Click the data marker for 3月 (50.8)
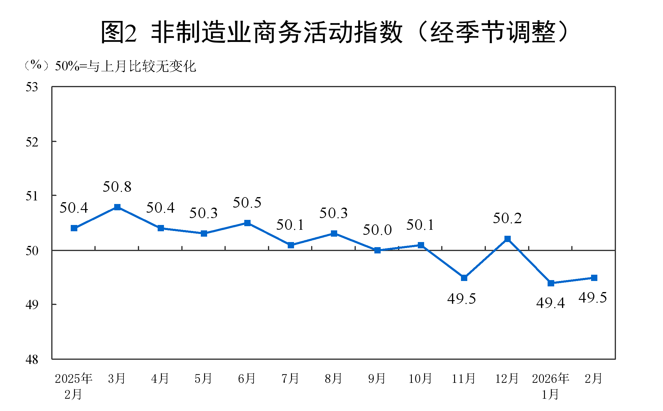117,207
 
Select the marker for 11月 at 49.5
464,278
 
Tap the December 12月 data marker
507,239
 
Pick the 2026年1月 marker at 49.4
551,283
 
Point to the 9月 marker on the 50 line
377,250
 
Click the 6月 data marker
247,223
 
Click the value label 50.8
117,187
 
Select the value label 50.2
507,218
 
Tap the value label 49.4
551,303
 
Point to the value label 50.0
377,230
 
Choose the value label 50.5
247,203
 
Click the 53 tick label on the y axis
32,87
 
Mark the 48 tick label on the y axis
32,359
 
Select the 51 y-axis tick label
32,196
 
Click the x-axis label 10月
420,379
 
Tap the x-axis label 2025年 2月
74,386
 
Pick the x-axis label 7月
290,379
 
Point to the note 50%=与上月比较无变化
125,66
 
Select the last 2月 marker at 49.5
594,278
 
